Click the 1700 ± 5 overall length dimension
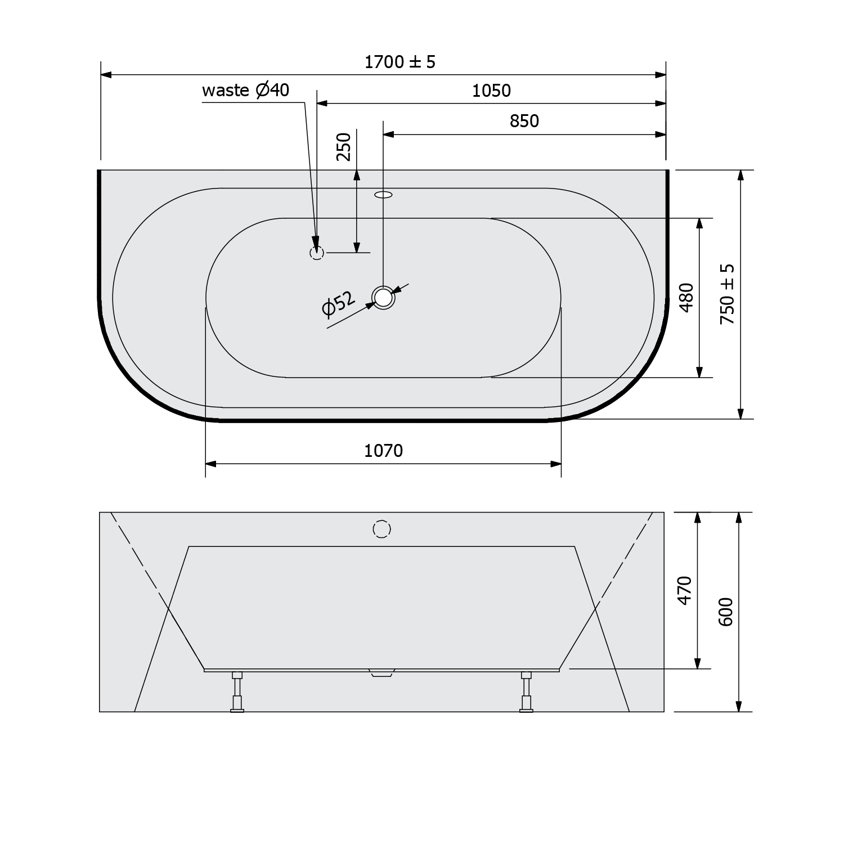pos(400,62)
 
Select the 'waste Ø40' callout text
pos(246,90)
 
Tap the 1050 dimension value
pos(491,91)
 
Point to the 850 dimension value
pos(524,121)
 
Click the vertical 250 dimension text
pos(343,146)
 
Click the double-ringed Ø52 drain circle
pos(383,297)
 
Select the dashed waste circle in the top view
pos(317,253)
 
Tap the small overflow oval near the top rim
pos(383,195)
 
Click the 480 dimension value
pos(686,297)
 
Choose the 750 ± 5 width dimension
pos(728,294)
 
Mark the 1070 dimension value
pos(383,451)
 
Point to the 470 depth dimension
pos(684,590)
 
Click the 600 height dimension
pos(726,612)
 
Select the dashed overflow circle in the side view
pos(381,529)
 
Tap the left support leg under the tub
pos(237,692)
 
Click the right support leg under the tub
pos(526,692)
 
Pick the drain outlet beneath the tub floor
pos(382,673)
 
